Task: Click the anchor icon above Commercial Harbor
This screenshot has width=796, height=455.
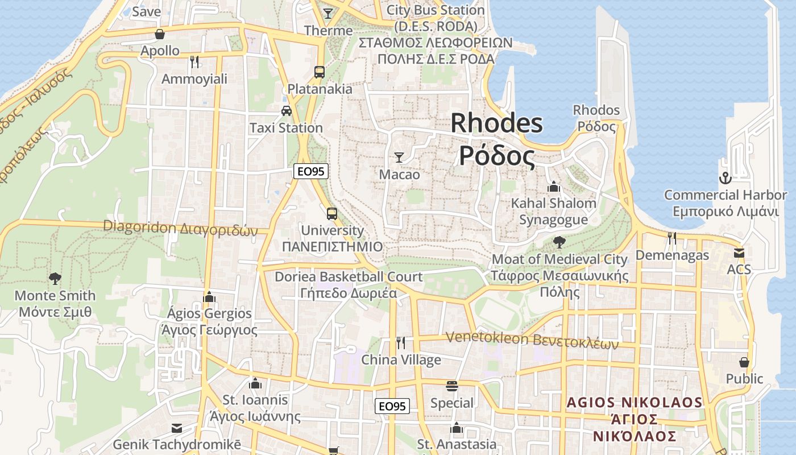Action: coord(725,178)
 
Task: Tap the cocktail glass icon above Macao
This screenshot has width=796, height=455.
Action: coord(399,157)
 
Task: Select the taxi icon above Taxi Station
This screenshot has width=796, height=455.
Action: coord(287,110)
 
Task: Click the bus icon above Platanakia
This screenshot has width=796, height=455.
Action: coord(320,72)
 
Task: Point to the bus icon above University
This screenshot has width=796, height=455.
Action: coord(332,214)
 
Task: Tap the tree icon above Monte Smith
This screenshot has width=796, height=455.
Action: coord(55,278)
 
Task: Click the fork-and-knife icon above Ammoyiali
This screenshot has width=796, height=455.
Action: coord(194,61)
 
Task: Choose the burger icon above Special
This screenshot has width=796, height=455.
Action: coord(452,386)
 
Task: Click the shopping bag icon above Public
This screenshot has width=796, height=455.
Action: coord(744,362)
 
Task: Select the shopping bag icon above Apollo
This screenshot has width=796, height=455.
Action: coord(160,34)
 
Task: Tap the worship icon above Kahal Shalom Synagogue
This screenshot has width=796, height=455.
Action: coord(553,187)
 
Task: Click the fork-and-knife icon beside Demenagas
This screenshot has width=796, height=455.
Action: coord(672,238)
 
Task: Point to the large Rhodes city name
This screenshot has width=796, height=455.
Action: coord(497,139)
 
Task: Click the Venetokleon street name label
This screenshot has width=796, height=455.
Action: coord(532,340)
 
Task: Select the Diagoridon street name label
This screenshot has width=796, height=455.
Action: coord(180,228)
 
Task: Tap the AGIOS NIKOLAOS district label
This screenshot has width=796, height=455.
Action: coord(635,419)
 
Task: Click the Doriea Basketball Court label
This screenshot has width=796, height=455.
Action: coord(349,285)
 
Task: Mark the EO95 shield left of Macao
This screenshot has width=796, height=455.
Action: coord(312,171)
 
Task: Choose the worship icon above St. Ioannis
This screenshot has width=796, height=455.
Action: coord(255,383)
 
